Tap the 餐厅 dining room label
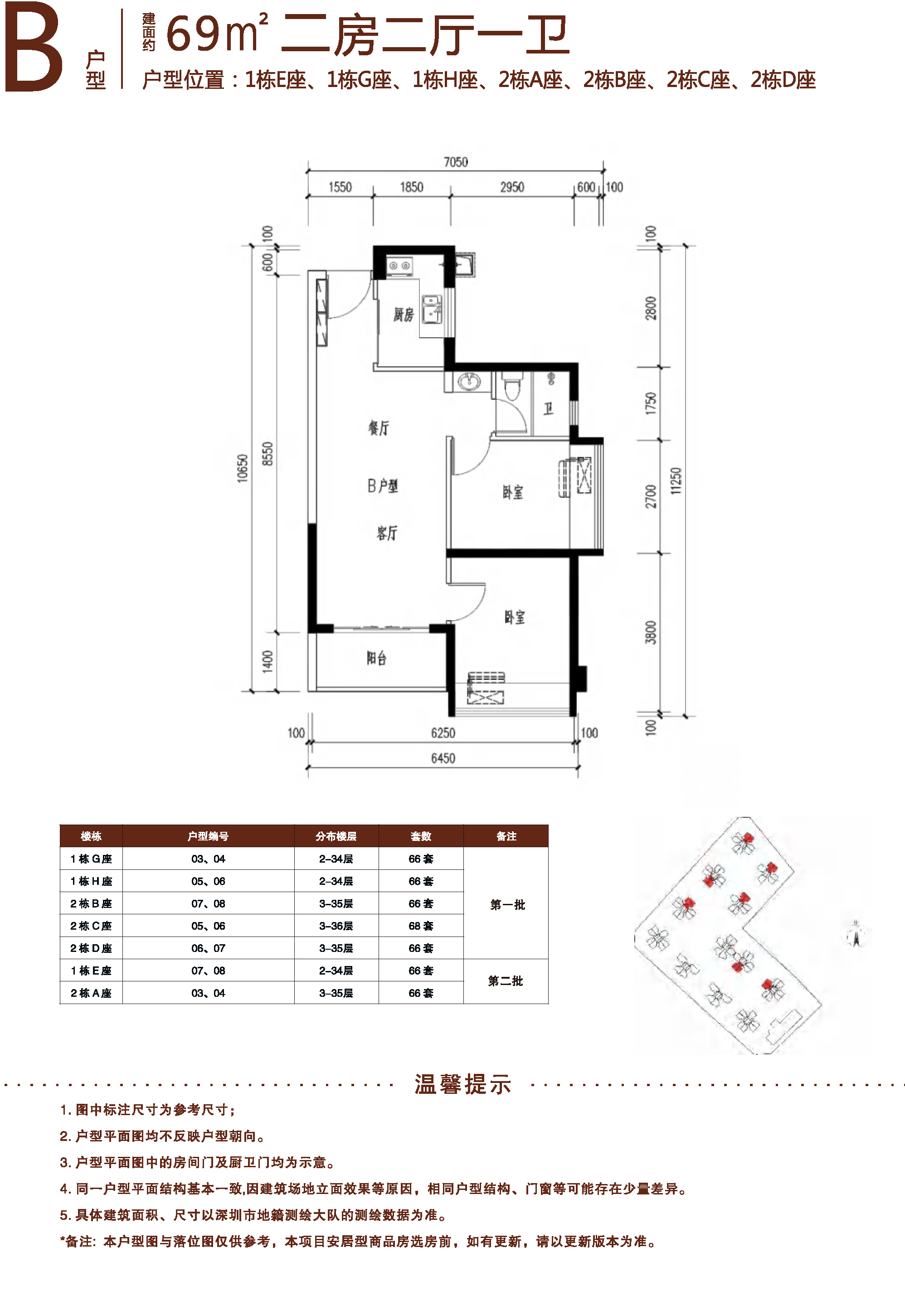(x=379, y=428)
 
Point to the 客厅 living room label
(x=387, y=533)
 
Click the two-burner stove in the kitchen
(x=399, y=265)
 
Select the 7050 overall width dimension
(x=456, y=162)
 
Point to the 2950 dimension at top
(x=512, y=187)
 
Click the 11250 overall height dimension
(x=676, y=481)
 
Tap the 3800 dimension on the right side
(x=650, y=632)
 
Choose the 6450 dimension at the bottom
(x=443, y=758)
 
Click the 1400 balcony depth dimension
(x=268, y=661)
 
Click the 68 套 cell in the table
(x=421, y=926)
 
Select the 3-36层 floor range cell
(x=336, y=926)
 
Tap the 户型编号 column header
(x=208, y=836)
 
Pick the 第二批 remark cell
(x=506, y=981)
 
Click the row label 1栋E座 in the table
(x=91, y=971)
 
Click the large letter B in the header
(x=33, y=46)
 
